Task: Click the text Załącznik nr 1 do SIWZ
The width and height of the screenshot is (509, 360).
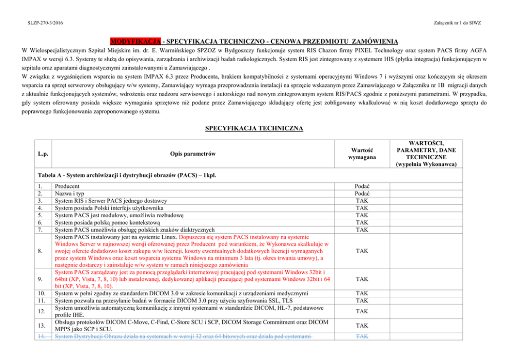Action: [x=457, y=23]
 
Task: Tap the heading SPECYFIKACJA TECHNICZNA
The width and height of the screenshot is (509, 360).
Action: [x=254, y=127]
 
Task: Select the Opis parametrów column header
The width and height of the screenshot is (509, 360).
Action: [x=192, y=154]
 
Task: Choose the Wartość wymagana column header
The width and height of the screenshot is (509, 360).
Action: [x=362, y=154]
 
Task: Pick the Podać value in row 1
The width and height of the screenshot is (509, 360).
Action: [x=362, y=187]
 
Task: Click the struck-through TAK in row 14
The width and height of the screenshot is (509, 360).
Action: [x=362, y=336]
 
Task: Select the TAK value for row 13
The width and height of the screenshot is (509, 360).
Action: [x=362, y=325]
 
